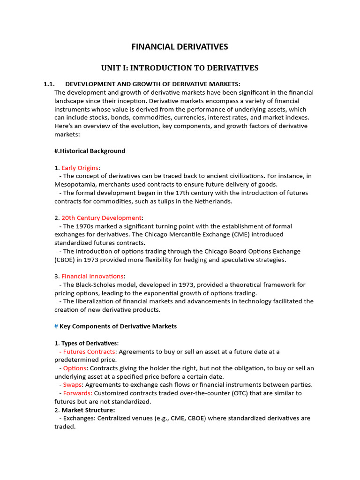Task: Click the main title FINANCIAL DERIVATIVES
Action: click(180, 46)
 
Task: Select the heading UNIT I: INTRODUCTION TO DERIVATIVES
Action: click(180, 68)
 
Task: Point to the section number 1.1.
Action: click(49, 84)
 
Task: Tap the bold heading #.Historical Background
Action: click(90, 151)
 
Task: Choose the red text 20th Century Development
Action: click(101, 218)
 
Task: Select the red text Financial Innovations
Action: click(92, 277)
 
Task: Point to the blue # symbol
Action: click(56, 326)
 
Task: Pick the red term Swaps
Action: click(73, 385)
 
